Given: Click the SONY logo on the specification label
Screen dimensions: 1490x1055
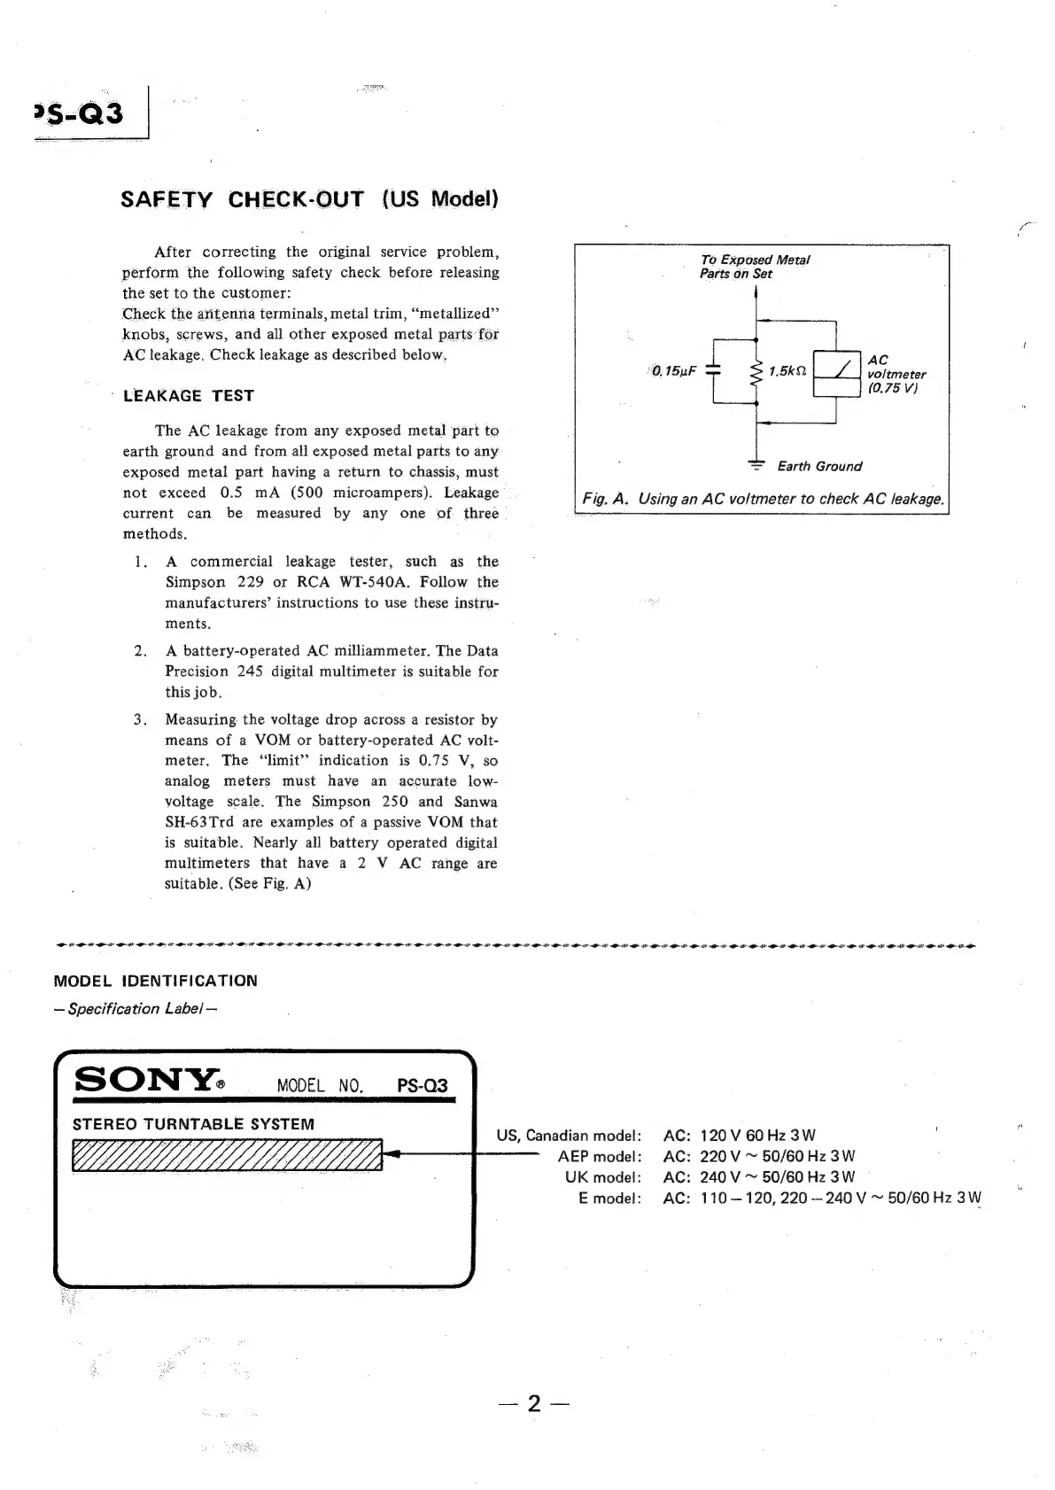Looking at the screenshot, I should (147, 1081).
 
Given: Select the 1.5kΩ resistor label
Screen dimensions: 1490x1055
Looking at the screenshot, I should (787, 371).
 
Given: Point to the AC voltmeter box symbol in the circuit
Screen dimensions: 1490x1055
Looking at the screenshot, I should (836, 372).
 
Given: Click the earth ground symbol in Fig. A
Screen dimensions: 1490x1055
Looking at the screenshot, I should (756, 464).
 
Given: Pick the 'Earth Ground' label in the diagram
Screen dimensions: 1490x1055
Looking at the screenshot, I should (819, 466).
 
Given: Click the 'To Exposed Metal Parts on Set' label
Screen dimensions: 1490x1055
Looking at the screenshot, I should (754, 267).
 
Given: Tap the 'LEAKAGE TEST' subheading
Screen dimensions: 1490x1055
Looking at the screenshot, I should (189, 396).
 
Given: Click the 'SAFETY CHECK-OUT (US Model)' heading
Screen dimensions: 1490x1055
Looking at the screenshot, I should (309, 198).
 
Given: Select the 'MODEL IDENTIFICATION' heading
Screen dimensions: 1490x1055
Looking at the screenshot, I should (156, 981).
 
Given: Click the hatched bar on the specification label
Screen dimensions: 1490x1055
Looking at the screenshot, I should (227, 1154).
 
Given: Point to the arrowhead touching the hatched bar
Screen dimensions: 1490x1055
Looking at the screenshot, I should (394, 1153).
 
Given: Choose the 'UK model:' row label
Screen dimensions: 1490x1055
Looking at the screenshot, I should (602, 1177).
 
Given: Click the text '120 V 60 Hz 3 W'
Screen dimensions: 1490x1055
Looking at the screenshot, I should (757, 1135).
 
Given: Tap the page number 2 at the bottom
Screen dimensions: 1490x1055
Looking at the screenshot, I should (533, 1403).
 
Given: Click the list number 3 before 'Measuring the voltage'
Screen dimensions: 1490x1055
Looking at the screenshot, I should (140, 719).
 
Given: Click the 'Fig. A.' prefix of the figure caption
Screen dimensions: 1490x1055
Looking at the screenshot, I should (606, 499).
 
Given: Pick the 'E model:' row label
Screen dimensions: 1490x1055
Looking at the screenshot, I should (609, 1199).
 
